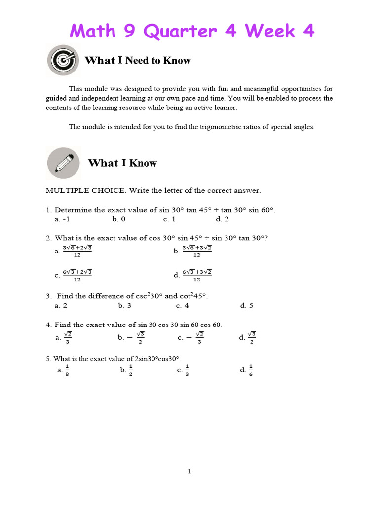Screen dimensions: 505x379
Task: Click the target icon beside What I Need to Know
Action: [x=63, y=60]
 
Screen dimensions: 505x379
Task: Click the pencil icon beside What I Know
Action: [x=63, y=163]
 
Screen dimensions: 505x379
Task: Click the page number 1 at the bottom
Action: [x=189, y=471]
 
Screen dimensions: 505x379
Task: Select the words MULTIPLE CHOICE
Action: [x=78, y=190]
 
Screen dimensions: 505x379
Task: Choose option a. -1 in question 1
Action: [x=62, y=219]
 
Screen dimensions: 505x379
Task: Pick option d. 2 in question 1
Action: [x=222, y=219]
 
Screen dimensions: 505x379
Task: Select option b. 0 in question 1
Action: [x=119, y=219]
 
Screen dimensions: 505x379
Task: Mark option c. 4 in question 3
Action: [x=183, y=306]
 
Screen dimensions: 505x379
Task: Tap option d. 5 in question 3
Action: [x=247, y=306]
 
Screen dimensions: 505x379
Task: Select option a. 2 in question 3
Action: [x=61, y=306]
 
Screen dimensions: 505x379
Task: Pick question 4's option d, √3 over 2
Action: [x=247, y=338]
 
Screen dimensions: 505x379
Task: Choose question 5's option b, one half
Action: [x=127, y=370]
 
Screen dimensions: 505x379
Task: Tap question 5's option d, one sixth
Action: [x=246, y=370]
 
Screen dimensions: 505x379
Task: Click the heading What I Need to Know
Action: [x=138, y=61]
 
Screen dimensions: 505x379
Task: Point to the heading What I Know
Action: [x=122, y=163]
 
